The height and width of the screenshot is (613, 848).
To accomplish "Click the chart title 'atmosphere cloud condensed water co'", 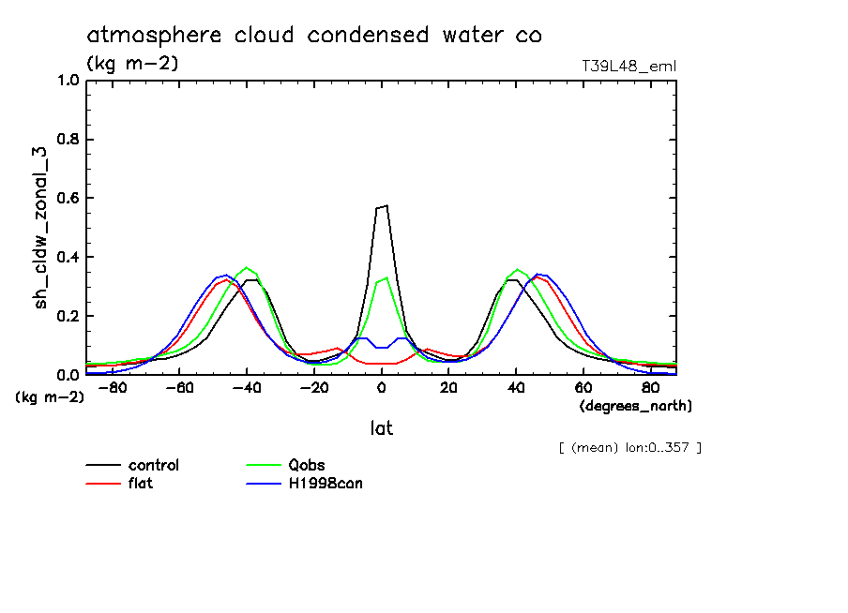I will pyautogui.click(x=314, y=36).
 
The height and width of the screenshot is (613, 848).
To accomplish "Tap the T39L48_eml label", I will pyautogui.click(x=629, y=66).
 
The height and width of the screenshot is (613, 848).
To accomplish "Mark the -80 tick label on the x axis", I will pyautogui.click(x=111, y=387).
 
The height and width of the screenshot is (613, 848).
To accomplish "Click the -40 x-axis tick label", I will pyautogui.click(x=245, y=387).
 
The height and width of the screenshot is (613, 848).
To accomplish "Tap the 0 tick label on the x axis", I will pyautogui.click(x=382, y=387).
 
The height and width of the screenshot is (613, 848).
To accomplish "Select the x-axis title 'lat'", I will pyautogui.click(x=381, y=428).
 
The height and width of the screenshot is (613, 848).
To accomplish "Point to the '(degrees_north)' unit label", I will pyautogui.click(x=635, y=406).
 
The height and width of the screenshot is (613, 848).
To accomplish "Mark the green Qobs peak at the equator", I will pyautogui.click(x=385, y=277).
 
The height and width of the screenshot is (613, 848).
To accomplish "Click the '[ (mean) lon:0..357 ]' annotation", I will pyautogui.click(x=629, y=447).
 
